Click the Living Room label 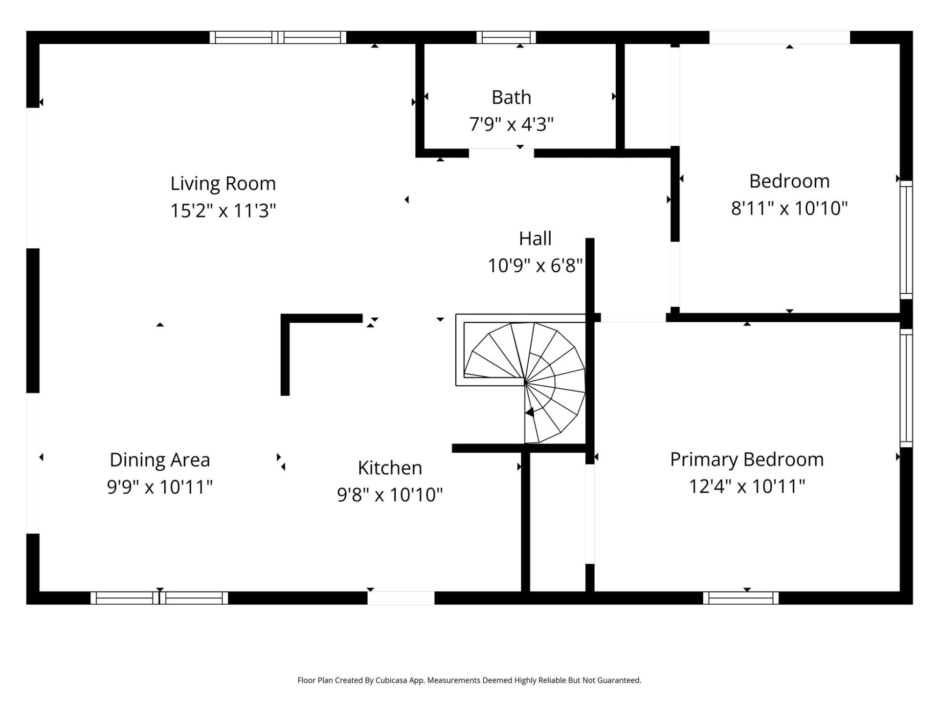[223, 184]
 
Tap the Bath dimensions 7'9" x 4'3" [511, 124]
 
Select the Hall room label [535, 239]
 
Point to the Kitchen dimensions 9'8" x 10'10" [390, 495]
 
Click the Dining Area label [159, 460]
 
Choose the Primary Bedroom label [746, 460]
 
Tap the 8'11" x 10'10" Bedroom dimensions [789, 208]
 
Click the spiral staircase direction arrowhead [529, 413]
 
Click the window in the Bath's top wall [506, 38]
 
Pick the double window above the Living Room [278, 38]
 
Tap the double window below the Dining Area [159, 597]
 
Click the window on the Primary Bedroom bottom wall [740, 597]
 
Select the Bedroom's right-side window [906, 240]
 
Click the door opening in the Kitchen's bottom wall [401, 597]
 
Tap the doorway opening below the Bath [501, 153]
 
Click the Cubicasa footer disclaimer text [469, 680]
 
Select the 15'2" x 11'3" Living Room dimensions [223, 211]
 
